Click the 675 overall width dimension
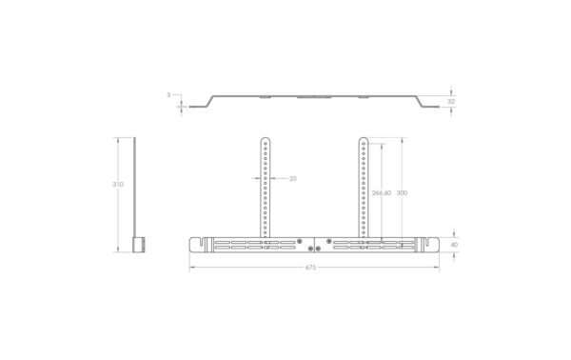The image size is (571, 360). (x=310, y=268)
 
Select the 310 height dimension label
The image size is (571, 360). (x=118, y=185)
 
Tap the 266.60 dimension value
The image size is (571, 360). (x=382, y=192)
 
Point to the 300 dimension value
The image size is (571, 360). (x=402, y=192)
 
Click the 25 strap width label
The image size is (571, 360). (x=293, y=178)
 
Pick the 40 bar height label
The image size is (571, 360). (x=454, y=245)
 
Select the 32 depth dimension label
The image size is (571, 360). (x=451, y=102)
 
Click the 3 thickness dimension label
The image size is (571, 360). (x=168, y=95)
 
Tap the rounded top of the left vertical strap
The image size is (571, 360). (x=266, y=140)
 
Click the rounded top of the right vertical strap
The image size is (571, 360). (x=364, y=140)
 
